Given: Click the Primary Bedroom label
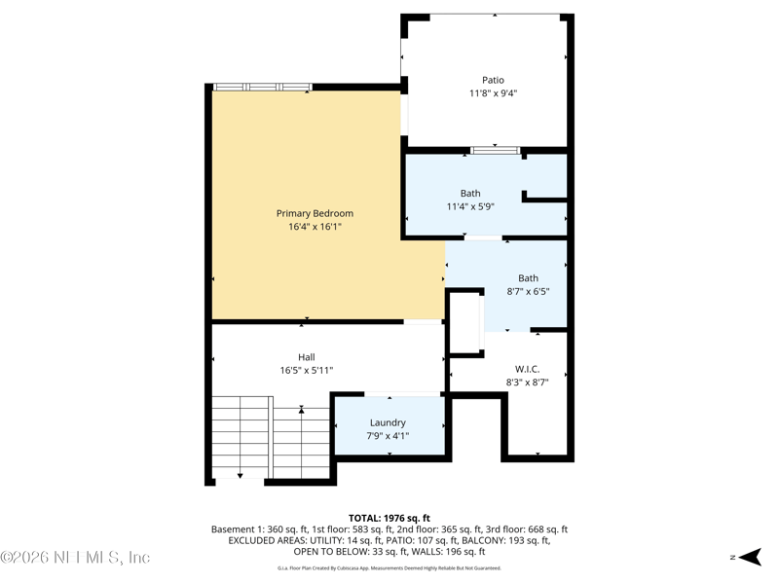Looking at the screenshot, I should point(315,213).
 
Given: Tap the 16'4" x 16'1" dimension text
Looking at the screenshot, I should point(315,227).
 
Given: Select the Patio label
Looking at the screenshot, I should point(494,80).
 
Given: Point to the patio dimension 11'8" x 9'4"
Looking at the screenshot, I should point(494,93).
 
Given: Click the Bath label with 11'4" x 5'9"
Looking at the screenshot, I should point(470,193).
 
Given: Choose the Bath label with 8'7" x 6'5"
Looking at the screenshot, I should point(528,277).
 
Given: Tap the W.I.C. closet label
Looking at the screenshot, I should point(527,369).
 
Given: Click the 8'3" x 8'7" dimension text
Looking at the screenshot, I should point(527,383).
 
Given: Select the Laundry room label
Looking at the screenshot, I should point(388,422).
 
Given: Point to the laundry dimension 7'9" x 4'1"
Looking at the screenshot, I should point(388,436).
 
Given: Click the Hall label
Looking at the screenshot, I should point(307,357).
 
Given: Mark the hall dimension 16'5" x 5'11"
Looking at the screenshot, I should point(307,371).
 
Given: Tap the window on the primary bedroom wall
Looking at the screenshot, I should point(262,88).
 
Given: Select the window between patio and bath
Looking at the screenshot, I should point(496,150).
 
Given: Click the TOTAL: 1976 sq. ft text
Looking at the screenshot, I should point(389,518).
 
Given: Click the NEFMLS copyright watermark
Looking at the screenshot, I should point(75,558).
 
